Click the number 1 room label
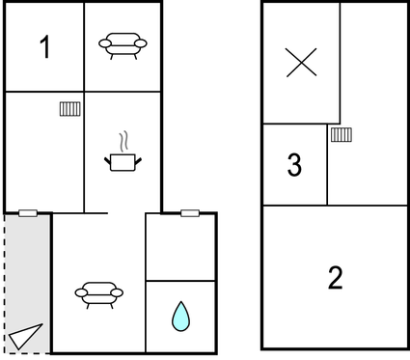pyautogui.click(x=44, y=47)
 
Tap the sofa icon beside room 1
pyautogui.click(x=123, y=44)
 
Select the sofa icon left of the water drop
pyautogui.click(x=97, y=293)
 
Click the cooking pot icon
pyautogui.click(x=123, y=161)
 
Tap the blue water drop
pyautogui.click(x=180, y=316)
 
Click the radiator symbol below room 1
pyautogui.click(x=68, y=109)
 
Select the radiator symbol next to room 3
pyautogui.click(x=340, y=135)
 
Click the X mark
pyautogui.click(x=302, y=63)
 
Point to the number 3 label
pyautogui.click(x=294, y=166)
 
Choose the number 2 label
pyautogui.click(x=335, y=278)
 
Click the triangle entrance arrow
pyautogui.click(x=26, y=335)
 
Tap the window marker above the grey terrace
pyautogui.click(x=28, y=213)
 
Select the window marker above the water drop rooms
pyautogui.click(x=189, y=212)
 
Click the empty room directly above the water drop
pyautogui.click(x=180, y=247)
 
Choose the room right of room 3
pyautogui.click(x=367, y=164)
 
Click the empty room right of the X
pyautogui.click(x=373, y=58)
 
